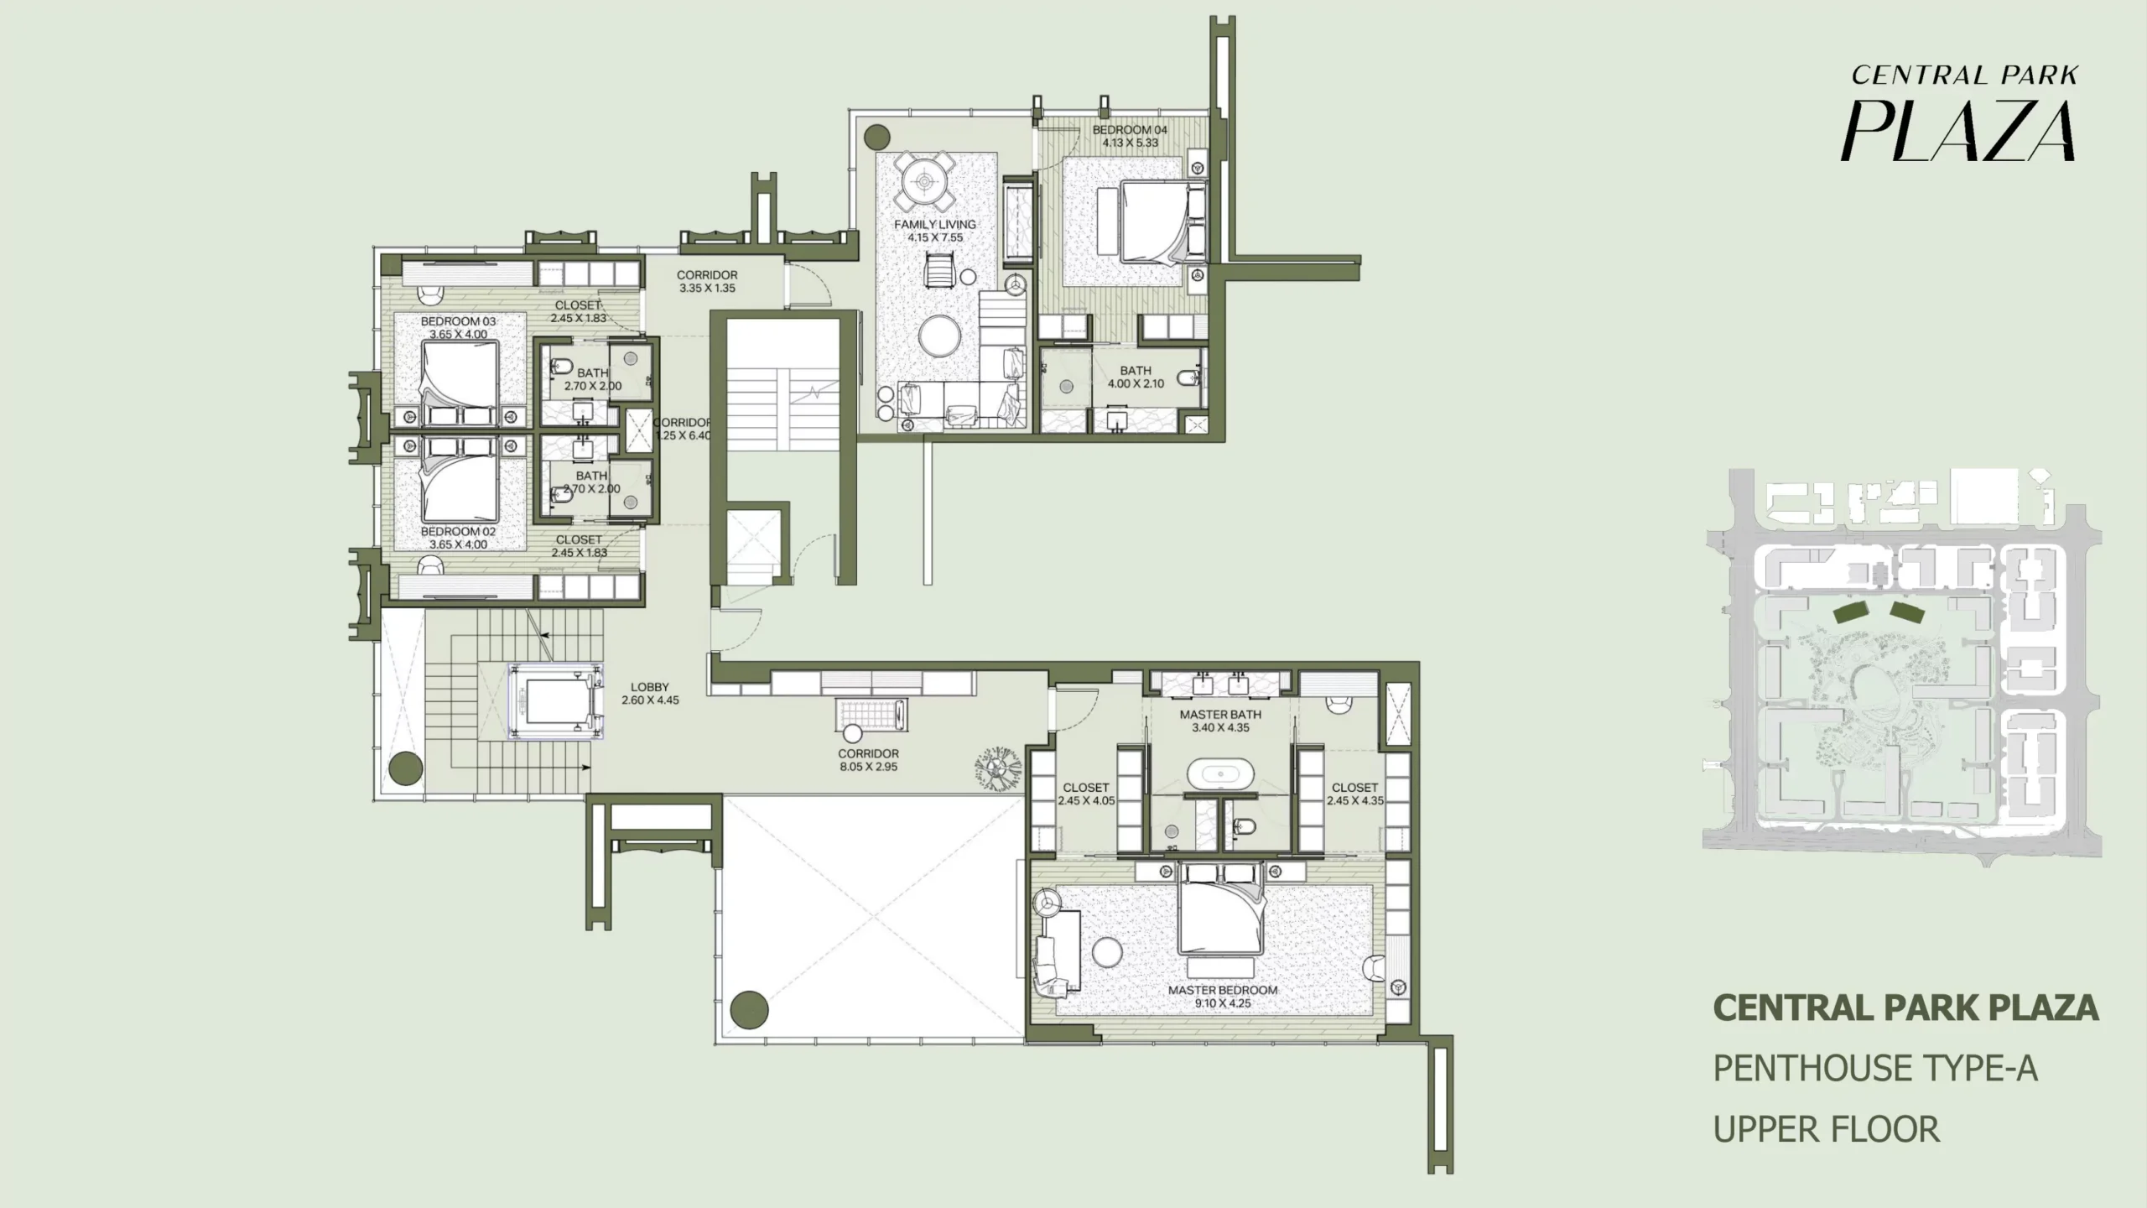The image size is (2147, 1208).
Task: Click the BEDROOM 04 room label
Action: (1130, 130)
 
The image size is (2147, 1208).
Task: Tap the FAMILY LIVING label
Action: (935, 225)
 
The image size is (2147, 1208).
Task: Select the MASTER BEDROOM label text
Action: (1223, 990)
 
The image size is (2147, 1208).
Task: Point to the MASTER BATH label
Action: (1220, 715)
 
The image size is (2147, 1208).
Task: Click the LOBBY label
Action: (650, 687)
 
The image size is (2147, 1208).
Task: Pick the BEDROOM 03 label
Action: (458, 321)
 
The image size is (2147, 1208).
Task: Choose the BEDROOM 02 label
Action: (458, 532)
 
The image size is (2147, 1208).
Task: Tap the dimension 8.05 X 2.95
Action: (868, 767)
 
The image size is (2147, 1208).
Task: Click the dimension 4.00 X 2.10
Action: (1136, 384)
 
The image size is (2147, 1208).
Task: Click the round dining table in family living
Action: (925, 181)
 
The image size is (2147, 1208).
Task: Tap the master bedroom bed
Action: (1220, 909)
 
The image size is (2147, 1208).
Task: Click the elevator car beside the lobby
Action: (556, 702)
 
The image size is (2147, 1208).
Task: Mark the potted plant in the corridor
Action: (997, 768)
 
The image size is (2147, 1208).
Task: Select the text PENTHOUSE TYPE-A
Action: (1875, 1069)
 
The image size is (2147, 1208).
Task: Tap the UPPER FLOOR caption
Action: (1827, 1130)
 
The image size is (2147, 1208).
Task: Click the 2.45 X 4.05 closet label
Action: (1086, 801)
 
